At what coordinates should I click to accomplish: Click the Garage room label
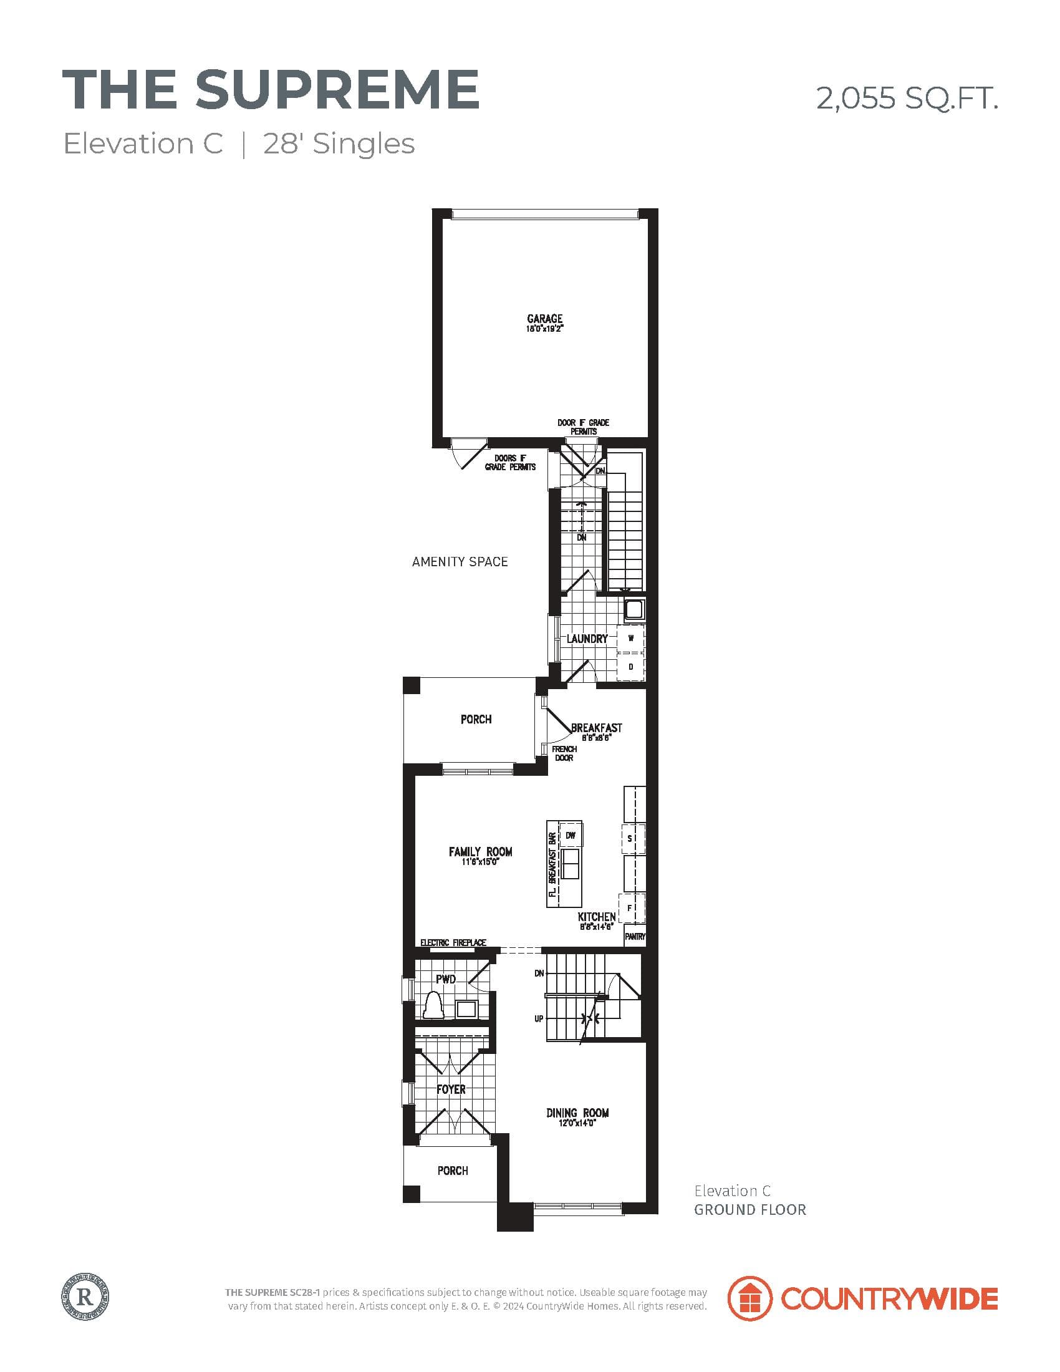[x=544, y=319]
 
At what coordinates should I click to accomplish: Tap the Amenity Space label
[x=460, y=562]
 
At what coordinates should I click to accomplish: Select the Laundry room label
[x=587, y=639]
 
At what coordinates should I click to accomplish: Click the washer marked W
[x=631, y=638]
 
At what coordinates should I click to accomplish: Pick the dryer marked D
[x=631, y=667]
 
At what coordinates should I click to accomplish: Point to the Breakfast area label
[x=596, y=728]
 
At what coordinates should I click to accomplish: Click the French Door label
[x=564, y=753]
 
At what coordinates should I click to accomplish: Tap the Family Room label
[x=480, y=852]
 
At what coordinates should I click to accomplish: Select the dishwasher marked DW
[x=570, y=836]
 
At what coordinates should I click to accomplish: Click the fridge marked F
[x=630, y=908]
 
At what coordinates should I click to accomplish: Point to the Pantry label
[x=635, y=937]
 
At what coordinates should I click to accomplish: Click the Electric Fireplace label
[x=453, y=943]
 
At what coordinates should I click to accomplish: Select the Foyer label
[x=451, y=1089]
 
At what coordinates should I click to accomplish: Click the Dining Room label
[x=577, y=1113]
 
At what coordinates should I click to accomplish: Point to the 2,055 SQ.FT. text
[x=906, y=99]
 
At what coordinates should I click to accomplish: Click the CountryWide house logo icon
[x=749, y=1298]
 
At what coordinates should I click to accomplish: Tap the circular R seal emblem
[x=85, y=1296]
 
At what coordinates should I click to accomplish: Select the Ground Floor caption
[x=749, y=1210]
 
